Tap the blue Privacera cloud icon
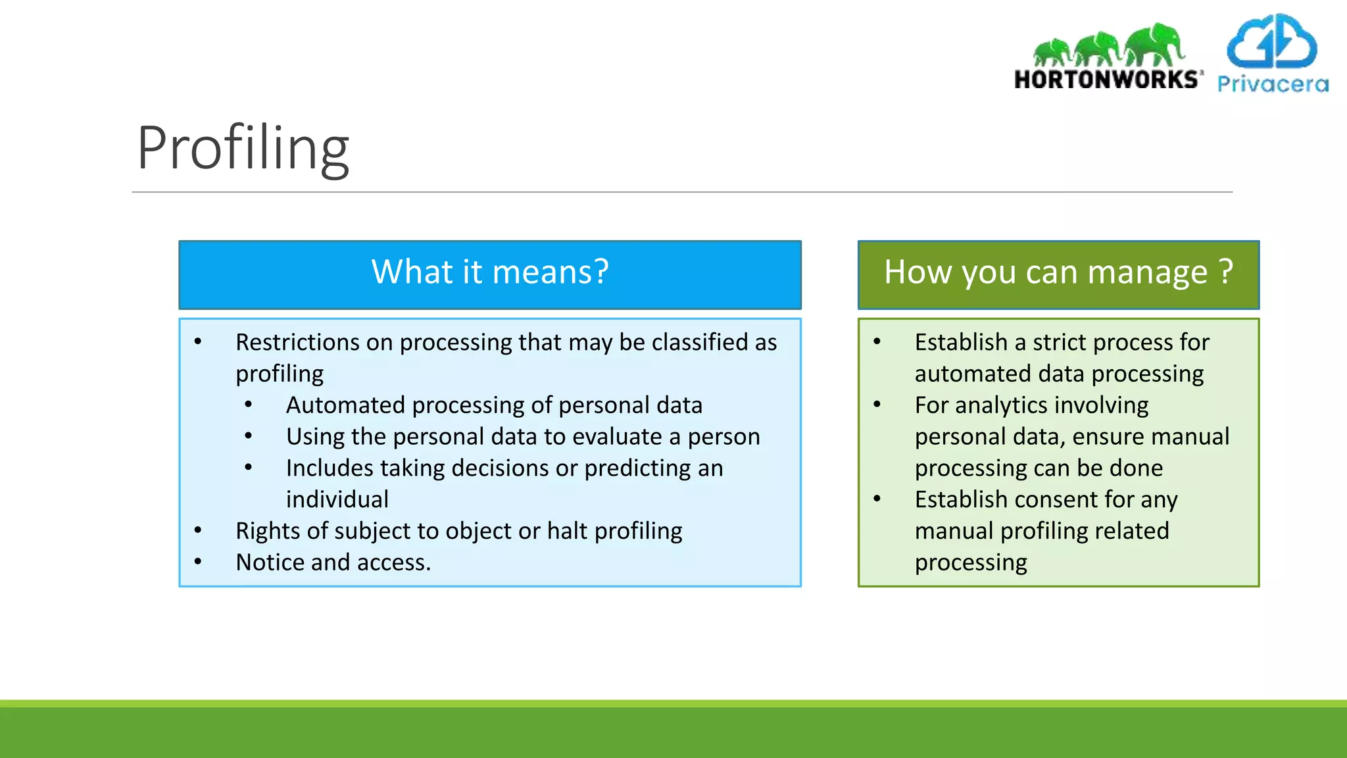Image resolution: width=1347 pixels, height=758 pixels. click(x=1271, y=43)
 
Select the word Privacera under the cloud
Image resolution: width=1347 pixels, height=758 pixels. click(x=1272, y=84)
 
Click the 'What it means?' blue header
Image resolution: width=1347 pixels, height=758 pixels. click(x=490, y=273)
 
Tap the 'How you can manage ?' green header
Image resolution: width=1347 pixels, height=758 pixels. click(x=1058, y=273)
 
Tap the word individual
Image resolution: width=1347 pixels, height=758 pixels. click(x=337, y=500)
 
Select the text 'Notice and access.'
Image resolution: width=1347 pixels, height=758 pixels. click(x=333, y=563)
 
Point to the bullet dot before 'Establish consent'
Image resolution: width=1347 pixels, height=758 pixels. click(x=877, y=499)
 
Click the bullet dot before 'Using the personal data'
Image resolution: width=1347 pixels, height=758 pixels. click(x=248, y=436)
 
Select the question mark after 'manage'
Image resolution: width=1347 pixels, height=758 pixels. click(x=1225, y=272)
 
